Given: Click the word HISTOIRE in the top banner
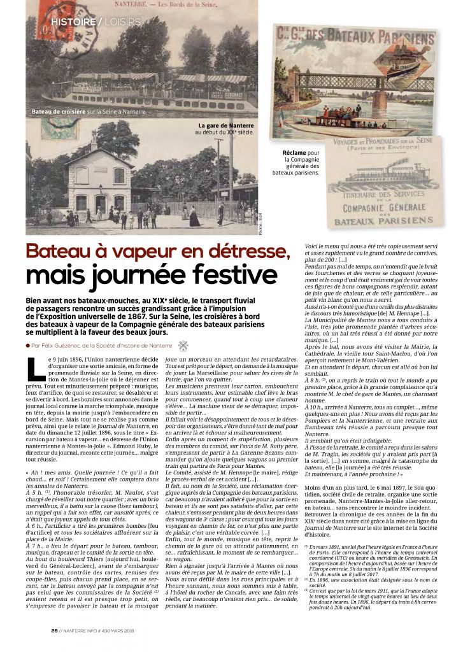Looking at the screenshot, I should point(72,22).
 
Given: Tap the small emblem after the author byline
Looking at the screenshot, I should point(183,346).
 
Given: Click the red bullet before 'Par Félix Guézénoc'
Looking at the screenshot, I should point(28,346).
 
